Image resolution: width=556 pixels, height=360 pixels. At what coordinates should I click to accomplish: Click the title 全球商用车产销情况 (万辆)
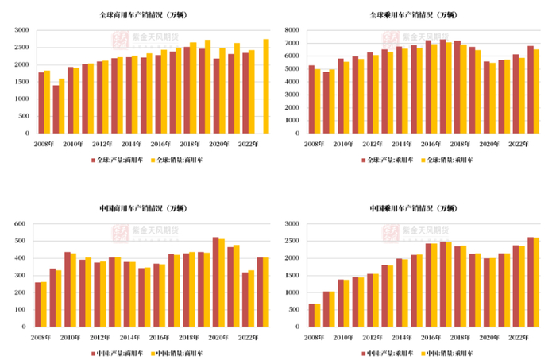pos(140,15)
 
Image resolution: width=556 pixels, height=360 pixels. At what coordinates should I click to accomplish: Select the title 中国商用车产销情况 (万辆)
pos(140,210)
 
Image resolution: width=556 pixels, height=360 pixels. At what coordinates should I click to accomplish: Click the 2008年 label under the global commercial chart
pos(44,143)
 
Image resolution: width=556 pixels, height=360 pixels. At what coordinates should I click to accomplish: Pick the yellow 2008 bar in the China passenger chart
pos(317,315)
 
